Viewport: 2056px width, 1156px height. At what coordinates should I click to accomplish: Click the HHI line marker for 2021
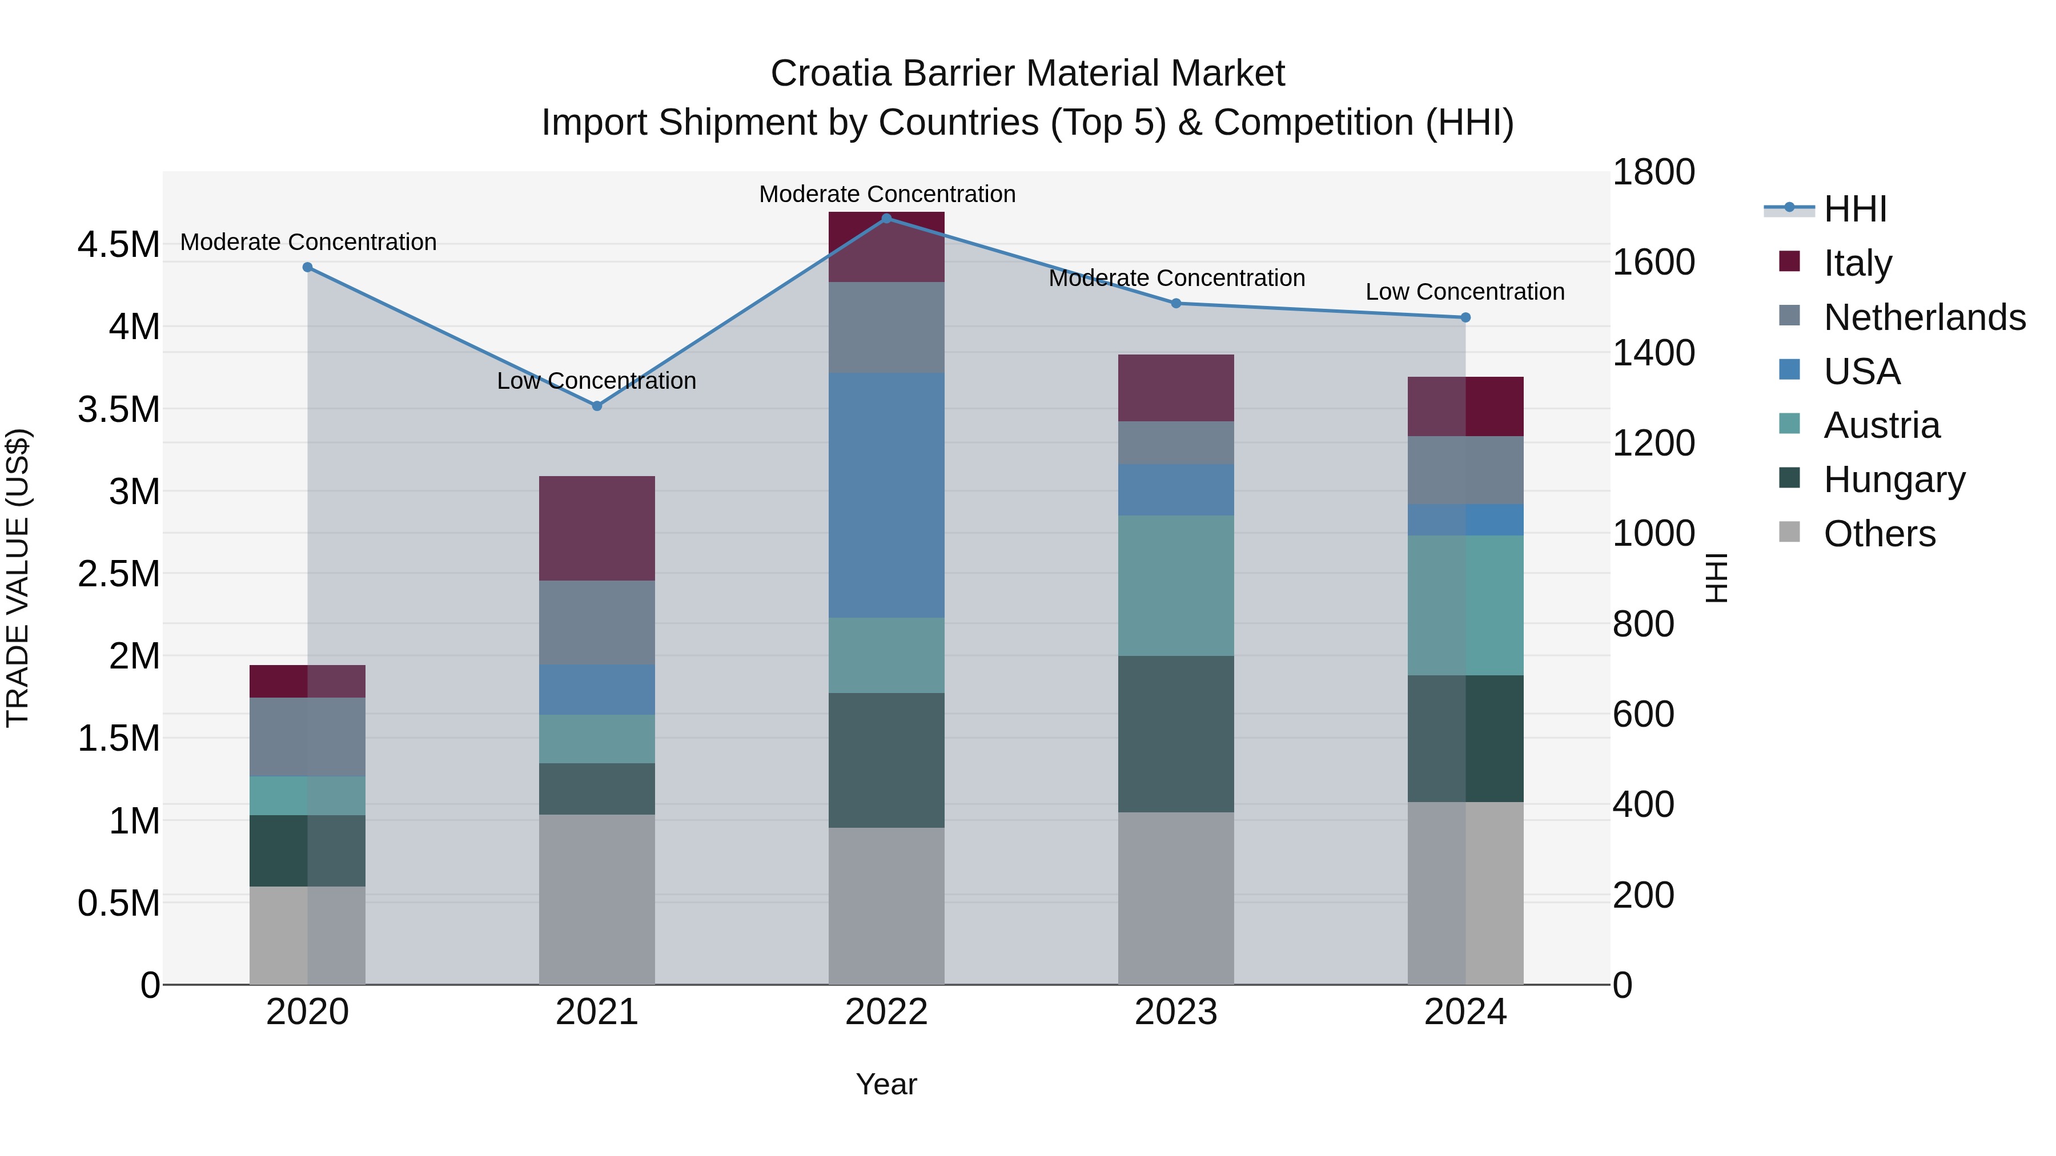(596, 406)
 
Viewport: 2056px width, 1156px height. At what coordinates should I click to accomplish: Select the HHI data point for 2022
(886, 219)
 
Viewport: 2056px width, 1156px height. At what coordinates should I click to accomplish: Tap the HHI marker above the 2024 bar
(1465, 317)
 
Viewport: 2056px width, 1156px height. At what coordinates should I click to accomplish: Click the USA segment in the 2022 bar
(886, 494)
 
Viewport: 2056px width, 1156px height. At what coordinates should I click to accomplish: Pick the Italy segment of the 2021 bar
(596, 528)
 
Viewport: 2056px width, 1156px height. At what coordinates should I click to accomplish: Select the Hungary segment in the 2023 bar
(1176, 734)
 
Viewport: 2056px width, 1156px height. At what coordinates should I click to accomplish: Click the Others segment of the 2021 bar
(596, 899)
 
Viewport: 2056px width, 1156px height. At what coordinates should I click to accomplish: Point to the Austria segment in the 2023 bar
(1176, 586)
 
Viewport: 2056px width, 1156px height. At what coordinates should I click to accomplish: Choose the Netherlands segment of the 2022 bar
(886, 327)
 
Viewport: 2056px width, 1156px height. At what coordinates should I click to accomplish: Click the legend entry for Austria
(1881, 425)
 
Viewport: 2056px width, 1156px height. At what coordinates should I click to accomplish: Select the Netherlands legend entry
(1924, 317)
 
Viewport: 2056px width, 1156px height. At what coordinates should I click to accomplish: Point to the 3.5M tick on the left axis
(118, 409)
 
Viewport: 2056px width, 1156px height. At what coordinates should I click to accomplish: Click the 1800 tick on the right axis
(1653, 172)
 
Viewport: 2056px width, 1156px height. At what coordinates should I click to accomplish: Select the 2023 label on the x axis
(1176, 1012)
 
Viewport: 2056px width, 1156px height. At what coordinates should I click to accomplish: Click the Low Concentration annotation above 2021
(596, 381)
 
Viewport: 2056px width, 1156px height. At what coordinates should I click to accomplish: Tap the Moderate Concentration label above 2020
(308, 241)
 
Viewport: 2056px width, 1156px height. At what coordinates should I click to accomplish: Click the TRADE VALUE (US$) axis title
(18, 578)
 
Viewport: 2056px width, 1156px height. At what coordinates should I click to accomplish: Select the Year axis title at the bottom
(886, 1084)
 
